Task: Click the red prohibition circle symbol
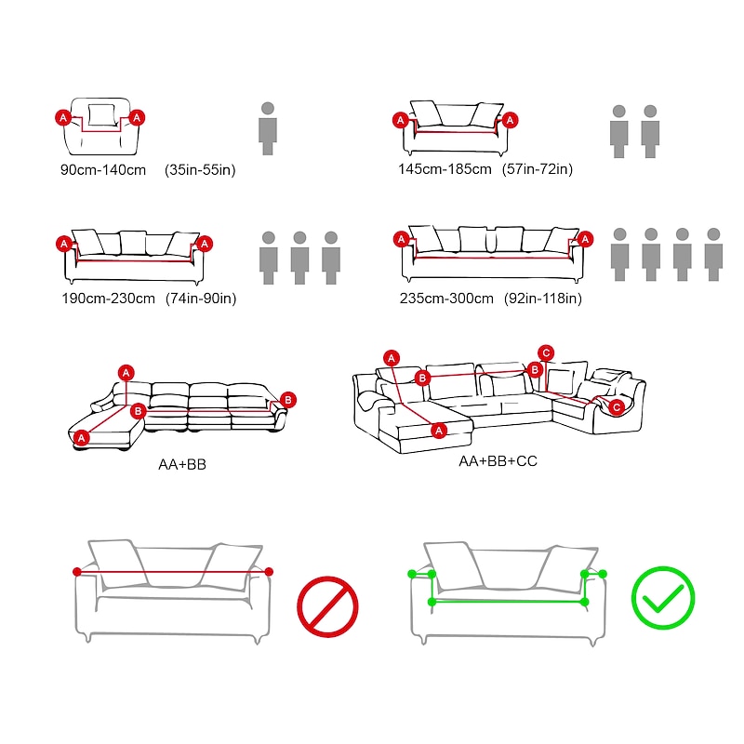pyautogui.click(x=327, y=606)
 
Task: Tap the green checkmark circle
pyautogui.click(x=663, y=597)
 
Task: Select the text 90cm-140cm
pyautogui.click(x=103, y=170)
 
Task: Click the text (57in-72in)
pyautogui.click(x=538, y=169)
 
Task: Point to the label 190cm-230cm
pyautogui.click(x=108, y=299)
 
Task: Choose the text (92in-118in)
pyautogui.click(x=542, y=299)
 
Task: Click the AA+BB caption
pyautogui.click(x=182, y=464)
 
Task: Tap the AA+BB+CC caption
pyautogui.click(x=498, y=460)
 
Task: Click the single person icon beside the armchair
pyautogui.click(x=268, y=128)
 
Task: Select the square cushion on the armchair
pyautogui.click(x=101, y=114)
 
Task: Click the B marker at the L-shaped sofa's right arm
pyautogui.click(x=288, y=400)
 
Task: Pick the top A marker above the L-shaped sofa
pyautogui.click(x=126, y=373)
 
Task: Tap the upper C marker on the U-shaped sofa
pyautogui.click(x=546, y=353)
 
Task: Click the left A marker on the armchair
pyautogui.click(x=63, y=118)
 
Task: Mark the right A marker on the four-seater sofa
pyautogui.click(x=585, y=239)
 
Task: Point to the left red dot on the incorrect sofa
pyautogui.click(x=77, y=572)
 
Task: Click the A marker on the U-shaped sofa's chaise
pyautogui.click(x=439, y=431)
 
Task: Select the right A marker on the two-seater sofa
pyautogui.click(x=510, y=120)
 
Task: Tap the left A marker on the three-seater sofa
pyautogui.click(x=64, y=244)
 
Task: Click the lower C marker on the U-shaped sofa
pyautogui.click(x=617, y=407)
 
